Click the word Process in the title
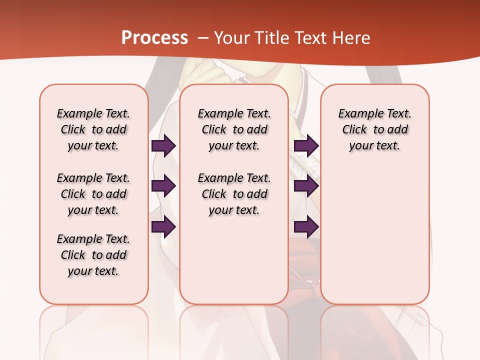click(154, 38)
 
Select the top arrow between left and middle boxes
click(163, 146)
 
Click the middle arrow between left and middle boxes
click(163, 186)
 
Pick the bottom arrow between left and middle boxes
click(163, 227)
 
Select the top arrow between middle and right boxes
click(306, 146)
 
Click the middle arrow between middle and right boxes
click(306, 186)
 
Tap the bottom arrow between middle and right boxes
click(306, 227)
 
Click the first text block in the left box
click(93, 129)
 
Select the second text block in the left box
click(93, 194)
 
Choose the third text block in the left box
click(93, 255)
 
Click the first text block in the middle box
click(234, 129)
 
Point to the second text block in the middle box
click(234, 194)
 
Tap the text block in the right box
click(375, 129)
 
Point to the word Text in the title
click(310, 38)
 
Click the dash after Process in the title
click(203, 38)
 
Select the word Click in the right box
click(354, 130)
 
